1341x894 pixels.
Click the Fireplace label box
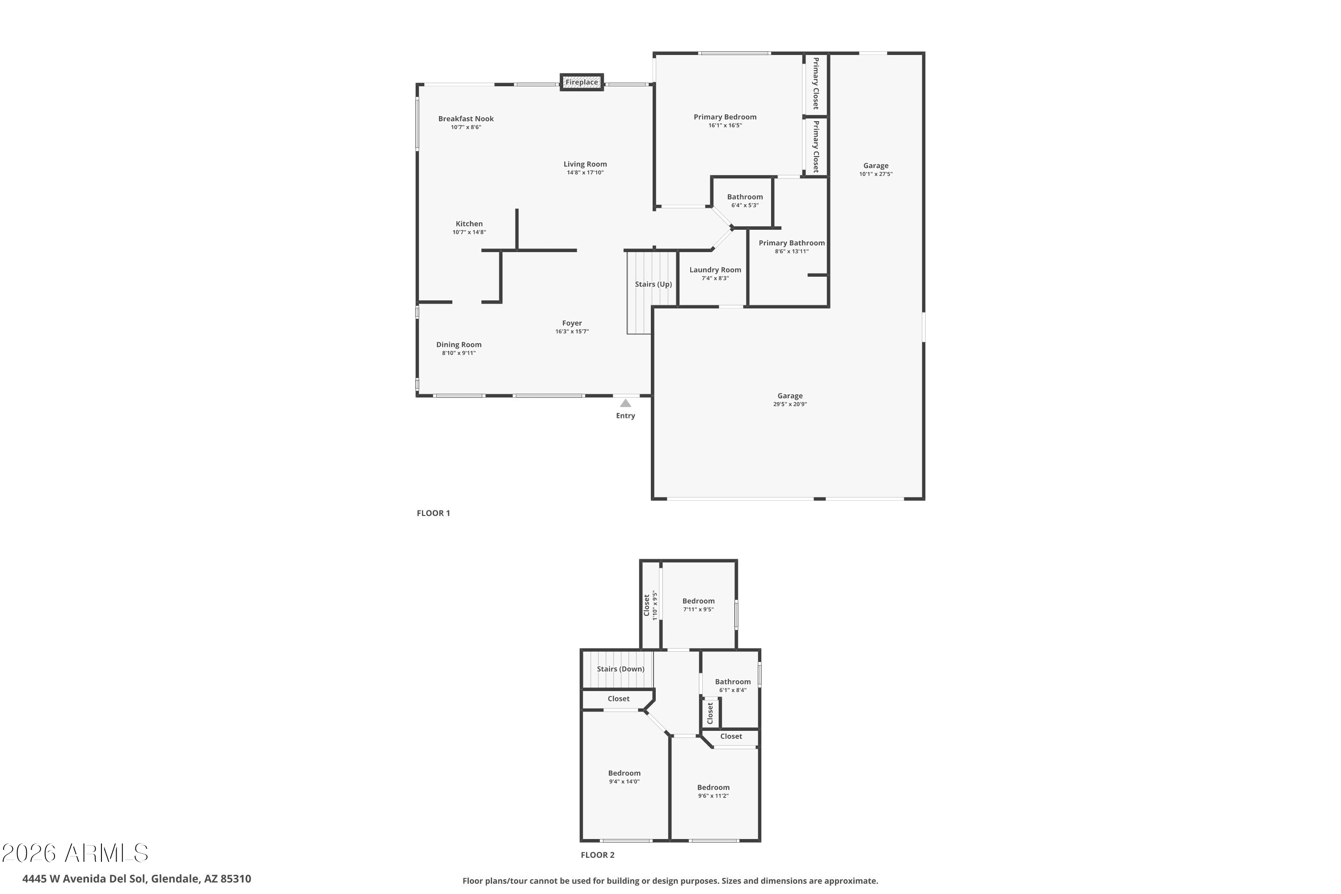582,82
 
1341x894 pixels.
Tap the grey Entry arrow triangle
625,403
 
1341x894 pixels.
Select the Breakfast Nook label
466,118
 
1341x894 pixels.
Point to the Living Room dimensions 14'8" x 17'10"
585,173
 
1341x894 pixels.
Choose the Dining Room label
459,344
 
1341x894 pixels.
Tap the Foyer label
572,323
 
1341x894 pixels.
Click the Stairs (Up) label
654,284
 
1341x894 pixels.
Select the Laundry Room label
715,270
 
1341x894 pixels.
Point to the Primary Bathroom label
791,243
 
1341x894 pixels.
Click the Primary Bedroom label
725,117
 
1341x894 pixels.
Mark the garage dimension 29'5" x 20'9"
790,404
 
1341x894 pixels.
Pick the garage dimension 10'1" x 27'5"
876,174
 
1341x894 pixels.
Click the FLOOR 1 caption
433,513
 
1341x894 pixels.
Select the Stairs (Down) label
620,669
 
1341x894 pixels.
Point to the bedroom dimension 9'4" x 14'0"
624,782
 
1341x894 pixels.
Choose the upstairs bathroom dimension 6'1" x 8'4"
733,690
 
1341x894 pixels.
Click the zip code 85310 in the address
236,879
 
